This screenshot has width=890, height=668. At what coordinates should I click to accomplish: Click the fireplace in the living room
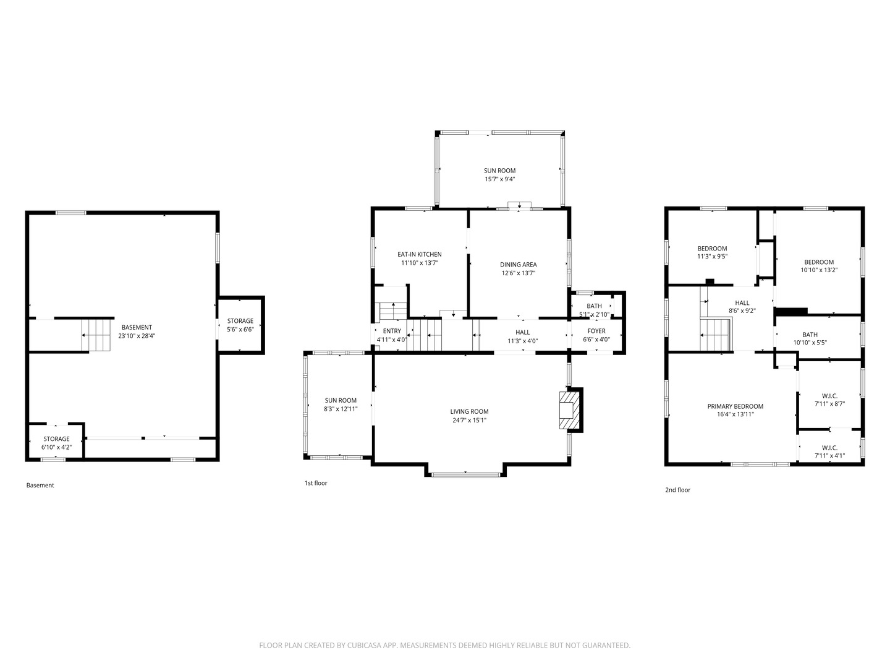[570, 409]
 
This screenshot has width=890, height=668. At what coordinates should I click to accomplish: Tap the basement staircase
[96, 335]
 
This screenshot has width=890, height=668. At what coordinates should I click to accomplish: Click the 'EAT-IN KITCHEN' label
[419, 254]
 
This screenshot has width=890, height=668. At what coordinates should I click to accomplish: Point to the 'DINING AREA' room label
[518, 265]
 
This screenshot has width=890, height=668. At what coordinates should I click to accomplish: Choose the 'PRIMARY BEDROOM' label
[735, 406]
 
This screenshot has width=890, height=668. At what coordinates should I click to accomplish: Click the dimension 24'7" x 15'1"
[469, 420]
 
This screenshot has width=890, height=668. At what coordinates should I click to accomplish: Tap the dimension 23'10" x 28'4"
[137, 336]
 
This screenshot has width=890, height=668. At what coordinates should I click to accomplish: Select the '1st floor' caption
[315, 482]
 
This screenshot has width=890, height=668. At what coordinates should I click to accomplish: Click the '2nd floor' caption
[677, 489]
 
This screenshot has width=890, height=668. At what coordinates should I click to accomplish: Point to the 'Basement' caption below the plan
[40, 485]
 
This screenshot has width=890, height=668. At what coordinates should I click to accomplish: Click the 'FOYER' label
[596, 331]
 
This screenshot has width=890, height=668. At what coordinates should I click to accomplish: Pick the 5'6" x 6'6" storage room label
[240, 325]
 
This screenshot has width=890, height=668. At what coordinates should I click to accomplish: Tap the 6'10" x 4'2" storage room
[56, 443]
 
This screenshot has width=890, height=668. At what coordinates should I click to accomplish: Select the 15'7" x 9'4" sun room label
[499, 175]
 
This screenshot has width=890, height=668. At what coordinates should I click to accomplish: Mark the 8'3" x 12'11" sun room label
[341, 405]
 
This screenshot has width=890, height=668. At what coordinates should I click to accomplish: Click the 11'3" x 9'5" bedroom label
[712, 252]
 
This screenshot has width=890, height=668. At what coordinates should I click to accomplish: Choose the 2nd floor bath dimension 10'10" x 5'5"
[810, 342]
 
